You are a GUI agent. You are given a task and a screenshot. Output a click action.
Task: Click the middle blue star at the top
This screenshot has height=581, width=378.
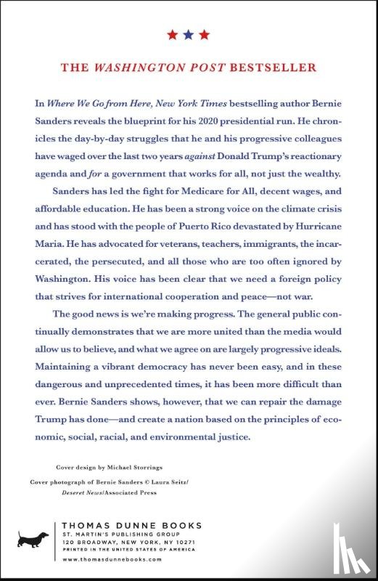click(x=188, y=34)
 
